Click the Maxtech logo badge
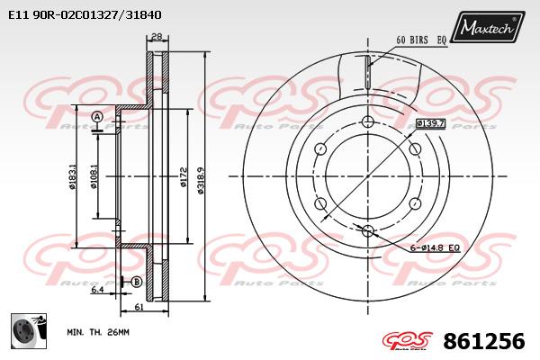487,26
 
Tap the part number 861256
484,341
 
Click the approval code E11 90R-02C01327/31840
85,15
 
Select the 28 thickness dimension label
157,37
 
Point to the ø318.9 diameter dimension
202,180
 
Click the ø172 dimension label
184,177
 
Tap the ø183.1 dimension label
73,176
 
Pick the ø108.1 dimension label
94,176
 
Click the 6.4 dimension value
97,290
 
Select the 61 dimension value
139,306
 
